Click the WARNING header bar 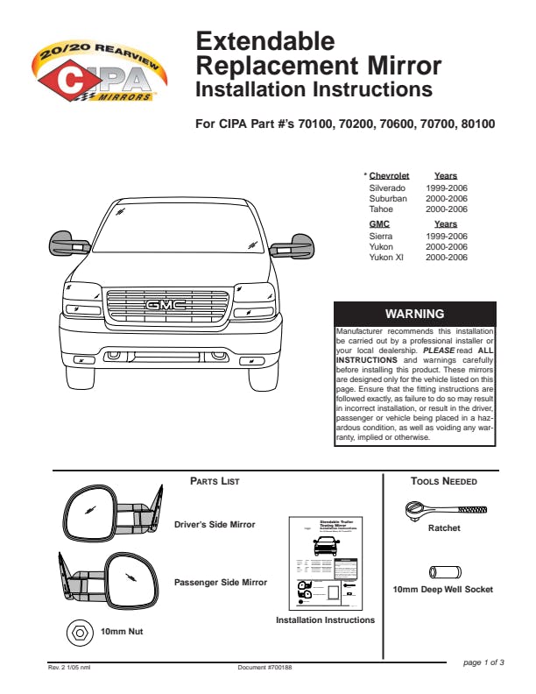pyautogui.click(x=415, y=314)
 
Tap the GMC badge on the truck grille pyautogui.click(x=166, y=304)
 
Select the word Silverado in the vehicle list pyautogui.click(x=387, y=188)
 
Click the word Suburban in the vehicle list pyautogui.click(x=388, y=199)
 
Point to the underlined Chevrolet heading pyautogui.click(x=389, y=176)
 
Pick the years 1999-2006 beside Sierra pyautogui.click(x=447, y=237)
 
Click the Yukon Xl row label pyautogui.click(x=386, y=258)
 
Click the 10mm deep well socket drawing pyautogui.click(x=443, y=571)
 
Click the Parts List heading pyautogui.click(x=215, y=481)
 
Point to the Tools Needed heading pyautogui.click(x=443, y=481)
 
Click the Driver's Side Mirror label pyautogui.click(x=215, y=525)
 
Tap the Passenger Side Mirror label pyautogui.click(x=221, y=582)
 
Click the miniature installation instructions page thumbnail pyautogui.click(x=325, y=562)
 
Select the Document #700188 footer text pyautogui.click(x=264, y=668)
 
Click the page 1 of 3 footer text pyautogui.click(x=483, y=662)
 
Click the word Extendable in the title pyautogui.click(x=264, y=40)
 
